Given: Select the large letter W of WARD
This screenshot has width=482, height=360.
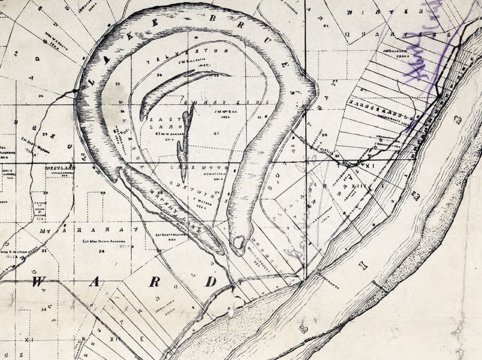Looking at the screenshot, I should click(41, 281).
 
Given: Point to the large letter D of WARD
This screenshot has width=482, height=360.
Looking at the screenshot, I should click(212, 281).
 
